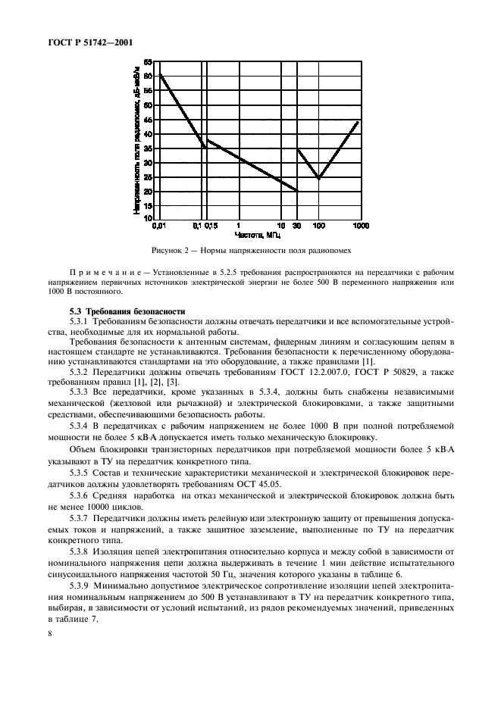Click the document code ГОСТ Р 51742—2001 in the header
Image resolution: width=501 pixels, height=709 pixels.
pyautogui.click(x=83, y=42)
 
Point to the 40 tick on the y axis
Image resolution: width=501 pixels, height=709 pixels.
pyautogui.click(x=149, y=134)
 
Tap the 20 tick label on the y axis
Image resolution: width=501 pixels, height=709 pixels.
pyautogui.click(x=149, y=192)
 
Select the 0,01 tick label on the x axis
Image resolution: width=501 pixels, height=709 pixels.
pyautogui.click(x=158, y=226)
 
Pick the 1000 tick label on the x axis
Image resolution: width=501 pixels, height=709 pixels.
pyautogui.click(x=359, y=226)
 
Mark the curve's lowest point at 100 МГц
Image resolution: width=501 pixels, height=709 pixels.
pyautogui.click(x=319, y=178)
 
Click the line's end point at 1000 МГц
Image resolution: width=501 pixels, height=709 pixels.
pyautogui.click(x=359, y=120)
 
